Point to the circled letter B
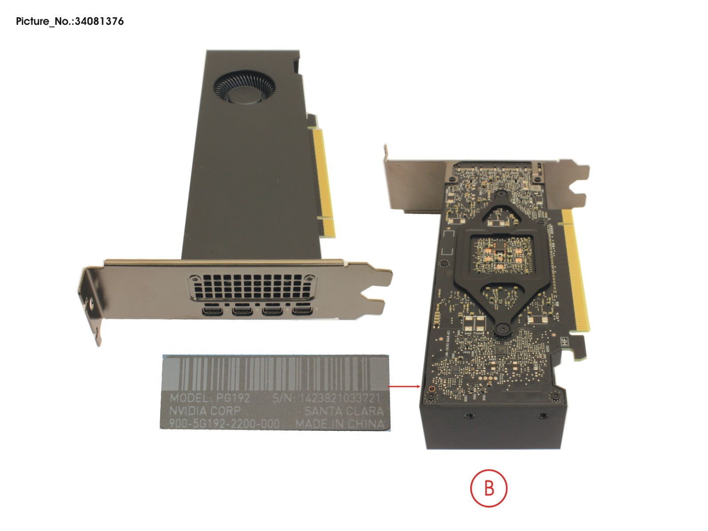(488, 488)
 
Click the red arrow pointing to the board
(404, 386)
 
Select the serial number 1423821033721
(340, 398)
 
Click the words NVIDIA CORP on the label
(205, 410)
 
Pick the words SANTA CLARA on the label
(344, 411)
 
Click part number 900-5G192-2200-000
(224, 424)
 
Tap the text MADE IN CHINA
(340, 424)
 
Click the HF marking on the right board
(564, 342)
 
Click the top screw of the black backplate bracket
(500, 194)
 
